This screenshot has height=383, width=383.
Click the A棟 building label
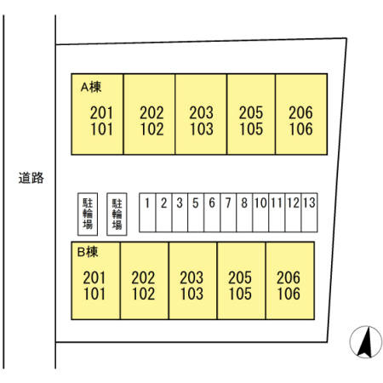pos(91,87)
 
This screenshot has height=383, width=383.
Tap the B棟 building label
pos(88,252)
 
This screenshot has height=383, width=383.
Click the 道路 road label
pos(31,178)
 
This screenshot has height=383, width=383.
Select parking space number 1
pos(147,213)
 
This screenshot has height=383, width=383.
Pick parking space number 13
pos(309,213)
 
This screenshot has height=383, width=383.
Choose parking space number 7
pos(228,213)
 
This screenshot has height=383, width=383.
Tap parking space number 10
pos(260,213)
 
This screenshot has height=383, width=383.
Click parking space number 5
pos(196,213)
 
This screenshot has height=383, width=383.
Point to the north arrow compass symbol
pos(366,342)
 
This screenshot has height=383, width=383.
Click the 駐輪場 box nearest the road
pos(88,214)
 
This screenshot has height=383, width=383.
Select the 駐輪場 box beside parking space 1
pos(117,214)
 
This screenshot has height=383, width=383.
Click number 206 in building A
pos(300,112)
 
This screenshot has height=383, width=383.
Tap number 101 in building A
pos(101,129)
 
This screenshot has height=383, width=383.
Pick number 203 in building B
pos(191,277)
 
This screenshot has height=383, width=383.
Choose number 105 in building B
pos(240,294)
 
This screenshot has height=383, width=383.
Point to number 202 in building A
pos(151,112)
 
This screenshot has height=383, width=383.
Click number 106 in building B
pos(289,294)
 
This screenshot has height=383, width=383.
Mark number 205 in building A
pos(251,112)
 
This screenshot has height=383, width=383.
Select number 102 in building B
pos(143,294)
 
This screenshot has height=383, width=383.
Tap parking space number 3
pos(180,213)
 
